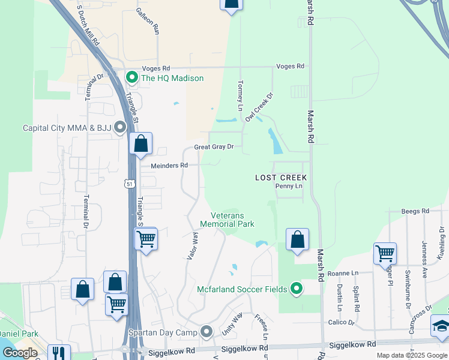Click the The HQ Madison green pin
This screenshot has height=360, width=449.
tap(131, 77)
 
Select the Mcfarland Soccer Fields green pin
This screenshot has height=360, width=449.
tap(295, 289)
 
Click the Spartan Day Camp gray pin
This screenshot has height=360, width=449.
tap(207, 331)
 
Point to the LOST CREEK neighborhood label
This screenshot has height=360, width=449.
tap(281, 178)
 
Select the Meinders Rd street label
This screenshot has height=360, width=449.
tap(169, 165)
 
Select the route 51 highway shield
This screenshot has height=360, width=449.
tap(130, 184)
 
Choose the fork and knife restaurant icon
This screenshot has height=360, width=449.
tap(59, 353)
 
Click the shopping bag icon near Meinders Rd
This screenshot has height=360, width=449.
tap(140, 144)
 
